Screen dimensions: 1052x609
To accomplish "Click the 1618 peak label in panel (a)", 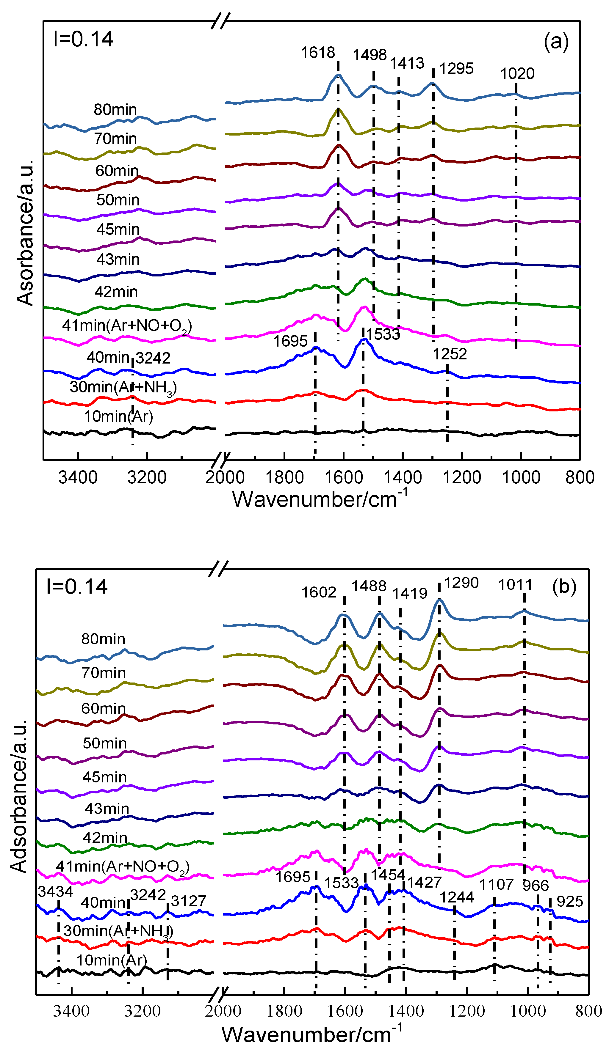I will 318,53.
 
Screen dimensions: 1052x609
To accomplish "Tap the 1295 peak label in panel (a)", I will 456,68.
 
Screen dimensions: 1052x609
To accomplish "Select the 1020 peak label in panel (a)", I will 517,74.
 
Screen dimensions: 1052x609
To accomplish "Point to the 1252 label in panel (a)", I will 450,354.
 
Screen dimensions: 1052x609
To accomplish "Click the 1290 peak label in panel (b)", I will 461,583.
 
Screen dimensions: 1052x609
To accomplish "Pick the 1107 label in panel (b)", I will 496,884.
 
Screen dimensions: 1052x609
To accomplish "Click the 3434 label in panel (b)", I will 55,892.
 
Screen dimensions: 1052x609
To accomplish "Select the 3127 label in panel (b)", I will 188,901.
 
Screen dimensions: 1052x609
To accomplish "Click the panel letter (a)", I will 556,42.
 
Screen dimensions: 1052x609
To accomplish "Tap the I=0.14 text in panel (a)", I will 83,39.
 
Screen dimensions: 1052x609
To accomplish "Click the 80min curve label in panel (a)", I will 115,109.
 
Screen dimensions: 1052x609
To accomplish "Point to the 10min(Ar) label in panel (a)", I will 119,416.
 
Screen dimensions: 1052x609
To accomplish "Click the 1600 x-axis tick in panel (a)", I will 343,477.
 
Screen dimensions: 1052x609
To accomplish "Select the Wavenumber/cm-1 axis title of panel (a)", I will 320,499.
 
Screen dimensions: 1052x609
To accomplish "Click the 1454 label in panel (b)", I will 388,875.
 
